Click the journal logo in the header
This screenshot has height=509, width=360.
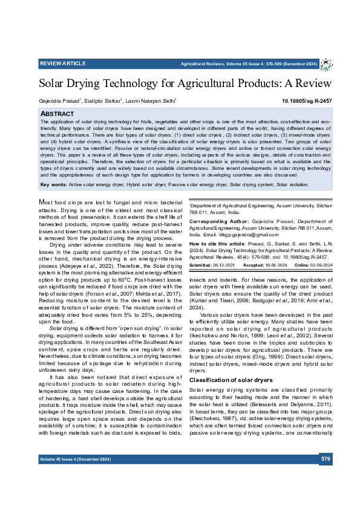coord(326,64)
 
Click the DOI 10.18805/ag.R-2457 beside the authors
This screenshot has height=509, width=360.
coord(307,101)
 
